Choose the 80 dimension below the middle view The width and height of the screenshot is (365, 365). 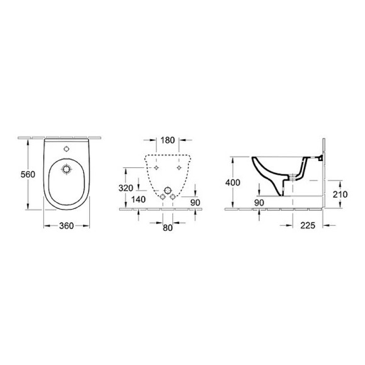pos(167,228)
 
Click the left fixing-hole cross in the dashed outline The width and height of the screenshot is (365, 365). pos(155,168)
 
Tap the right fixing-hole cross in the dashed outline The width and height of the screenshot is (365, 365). pos(179,168)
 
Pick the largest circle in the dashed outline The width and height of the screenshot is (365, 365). pos(167,190)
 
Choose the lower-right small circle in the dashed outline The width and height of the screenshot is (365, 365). pos(172,198)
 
